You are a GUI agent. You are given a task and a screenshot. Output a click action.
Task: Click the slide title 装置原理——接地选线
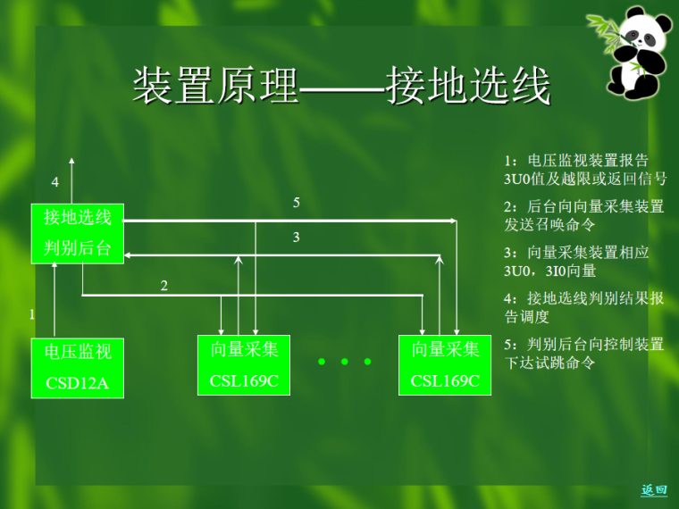(x=341, y=87)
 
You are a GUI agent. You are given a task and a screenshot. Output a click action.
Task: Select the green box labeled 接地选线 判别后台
(x=78, y=233)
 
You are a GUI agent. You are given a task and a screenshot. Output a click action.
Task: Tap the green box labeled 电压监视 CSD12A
(x=78, y=368)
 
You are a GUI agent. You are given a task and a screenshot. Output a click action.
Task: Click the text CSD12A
(x=78, y=384)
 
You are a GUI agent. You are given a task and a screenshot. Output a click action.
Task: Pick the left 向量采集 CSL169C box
(x=244, y=364)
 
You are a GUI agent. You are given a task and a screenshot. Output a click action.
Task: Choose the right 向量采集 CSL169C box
(x=445, y=364)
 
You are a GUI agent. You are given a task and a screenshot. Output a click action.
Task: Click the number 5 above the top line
(x=296, y=204)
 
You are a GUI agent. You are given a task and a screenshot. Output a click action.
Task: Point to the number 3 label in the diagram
(x=296, y=238)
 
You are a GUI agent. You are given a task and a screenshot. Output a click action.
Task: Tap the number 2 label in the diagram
(x=163, y=286)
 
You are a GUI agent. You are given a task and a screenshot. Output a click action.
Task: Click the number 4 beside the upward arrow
(x=54, y=182)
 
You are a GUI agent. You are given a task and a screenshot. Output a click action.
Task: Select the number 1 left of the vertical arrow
(x=32, y=314)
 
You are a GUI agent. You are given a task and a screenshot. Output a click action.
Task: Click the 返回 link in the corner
(x=654, y=489)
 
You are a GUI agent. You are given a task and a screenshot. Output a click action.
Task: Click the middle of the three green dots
(x=344, y=363)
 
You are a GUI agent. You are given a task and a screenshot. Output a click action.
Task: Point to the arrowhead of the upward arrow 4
(x=72, y=162)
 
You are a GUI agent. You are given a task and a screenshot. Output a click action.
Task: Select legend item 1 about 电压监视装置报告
(x=584, y=169)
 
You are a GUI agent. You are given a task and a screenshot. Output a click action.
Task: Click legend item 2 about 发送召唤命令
(x=584, y=215)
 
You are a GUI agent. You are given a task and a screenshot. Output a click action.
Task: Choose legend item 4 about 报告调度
(x=584, y=307)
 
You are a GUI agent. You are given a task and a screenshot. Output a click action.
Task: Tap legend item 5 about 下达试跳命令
(x=584, y=354)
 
